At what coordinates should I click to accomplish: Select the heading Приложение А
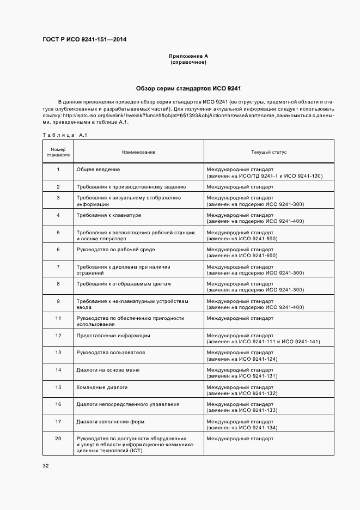(x=188, y=56)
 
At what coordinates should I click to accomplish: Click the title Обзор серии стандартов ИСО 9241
(x=188, y=88)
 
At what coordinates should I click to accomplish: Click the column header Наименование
(x=138, y=152)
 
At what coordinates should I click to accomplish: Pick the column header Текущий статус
(x=269, y=152)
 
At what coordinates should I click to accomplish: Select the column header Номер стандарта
(x=58, y=152)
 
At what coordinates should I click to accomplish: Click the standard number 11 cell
(x=58, y=318)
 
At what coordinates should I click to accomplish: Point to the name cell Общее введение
(x=98, y=169)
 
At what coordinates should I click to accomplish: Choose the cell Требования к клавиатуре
(x=109, y=215)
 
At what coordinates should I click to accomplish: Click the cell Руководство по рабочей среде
(x=115, y=250)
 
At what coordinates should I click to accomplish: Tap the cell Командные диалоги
(x=102, y=387)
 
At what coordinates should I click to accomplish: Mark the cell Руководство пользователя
(x=111, y=353)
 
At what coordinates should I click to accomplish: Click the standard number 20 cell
(x=58, y=439)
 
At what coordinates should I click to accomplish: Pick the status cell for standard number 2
(x=240, y=187)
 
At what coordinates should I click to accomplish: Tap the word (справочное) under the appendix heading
(x=188, y=62)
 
